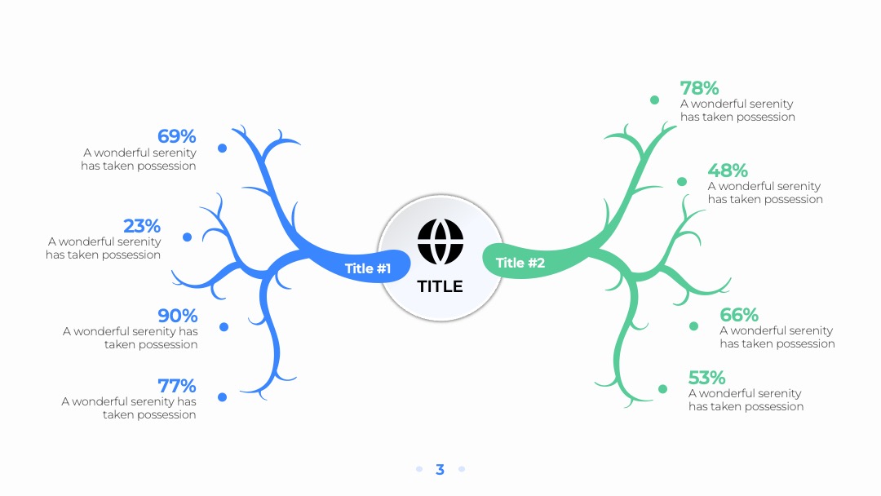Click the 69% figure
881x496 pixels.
coord(176,136)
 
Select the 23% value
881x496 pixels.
coord(142,226)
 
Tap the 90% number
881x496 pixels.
coord(178,315)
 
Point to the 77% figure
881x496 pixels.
coord(176,386)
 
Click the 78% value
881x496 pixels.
coord(700,88)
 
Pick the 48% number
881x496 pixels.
coord(728,170)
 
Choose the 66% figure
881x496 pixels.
coord(739,315)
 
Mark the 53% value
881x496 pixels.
coord(706,378)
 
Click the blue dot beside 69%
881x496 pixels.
coord(223,148)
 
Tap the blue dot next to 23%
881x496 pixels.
coord(187,237)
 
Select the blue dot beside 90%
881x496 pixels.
coord(224,327)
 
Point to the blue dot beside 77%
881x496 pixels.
coord(223,397)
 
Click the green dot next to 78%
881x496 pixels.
coord(654,100)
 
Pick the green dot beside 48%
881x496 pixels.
coord(682,181)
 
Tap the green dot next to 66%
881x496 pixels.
coord(694,326)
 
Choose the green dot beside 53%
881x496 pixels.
coord(663,388)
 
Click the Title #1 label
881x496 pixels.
coord(367,268)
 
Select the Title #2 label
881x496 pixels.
coord(520,263)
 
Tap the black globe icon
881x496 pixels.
coord(440,241)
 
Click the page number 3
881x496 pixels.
coord(440,470)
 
